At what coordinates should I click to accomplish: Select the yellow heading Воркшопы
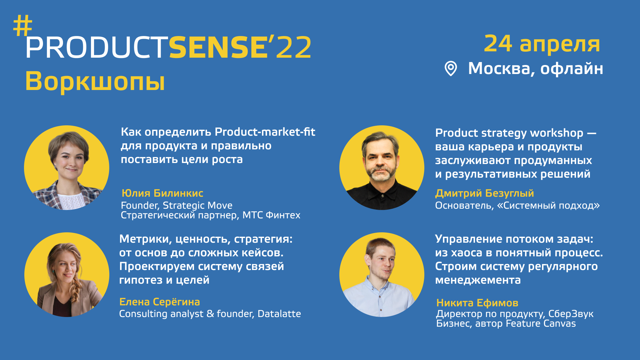click(x=95, y=81)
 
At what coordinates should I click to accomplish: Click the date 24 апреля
click(x=542, y=44)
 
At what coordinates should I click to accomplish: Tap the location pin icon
click(x=451, y=69)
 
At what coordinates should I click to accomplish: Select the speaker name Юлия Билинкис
click(x=162, y=193)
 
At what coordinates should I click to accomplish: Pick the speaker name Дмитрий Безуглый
click(x=484, y=193)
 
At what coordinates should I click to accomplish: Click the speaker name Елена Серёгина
click(x=159, y=302)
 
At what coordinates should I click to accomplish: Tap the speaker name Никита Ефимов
click(x=477, y=303)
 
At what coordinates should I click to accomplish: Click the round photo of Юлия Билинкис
click(x=67, y=168)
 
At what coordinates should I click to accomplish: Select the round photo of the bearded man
click(x=382, y=168)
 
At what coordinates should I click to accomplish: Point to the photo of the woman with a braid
click(x=67, y=275)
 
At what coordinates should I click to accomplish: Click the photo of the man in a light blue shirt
click(x=382, y=275)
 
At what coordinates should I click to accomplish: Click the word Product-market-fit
click(x=265, y=132)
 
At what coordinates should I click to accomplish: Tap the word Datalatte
click(x=279, y=314)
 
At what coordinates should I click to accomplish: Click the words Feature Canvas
click(x=541, y=324)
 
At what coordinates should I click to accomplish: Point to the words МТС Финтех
click(x=271, y=215)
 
